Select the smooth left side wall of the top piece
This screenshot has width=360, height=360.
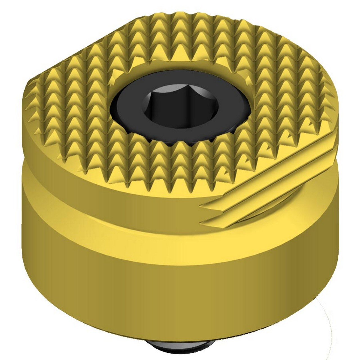[x=37, y=141]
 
